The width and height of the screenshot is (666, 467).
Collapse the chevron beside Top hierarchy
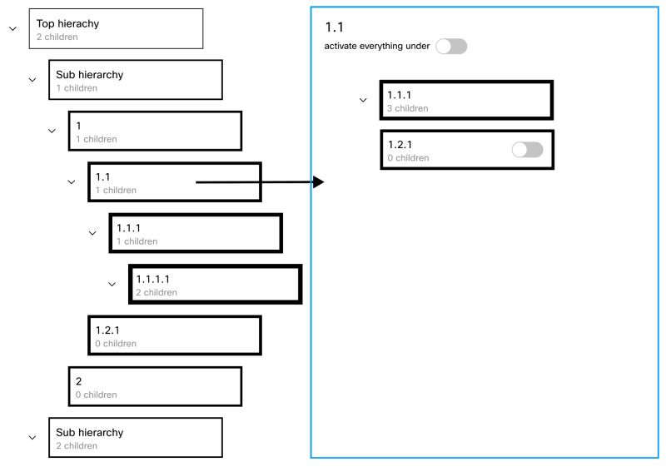12,29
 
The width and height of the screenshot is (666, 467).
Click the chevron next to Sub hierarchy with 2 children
32,438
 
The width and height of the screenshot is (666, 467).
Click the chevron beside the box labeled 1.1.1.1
112,284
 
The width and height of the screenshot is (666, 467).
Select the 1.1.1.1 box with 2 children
215,285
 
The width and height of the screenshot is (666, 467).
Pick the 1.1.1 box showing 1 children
195,233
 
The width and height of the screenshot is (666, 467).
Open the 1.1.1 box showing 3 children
466,100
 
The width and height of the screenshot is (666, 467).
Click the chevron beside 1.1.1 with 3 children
362,100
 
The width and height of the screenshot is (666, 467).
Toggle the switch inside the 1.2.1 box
527,150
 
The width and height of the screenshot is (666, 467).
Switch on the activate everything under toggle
452,47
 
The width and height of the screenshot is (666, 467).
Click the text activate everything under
377,47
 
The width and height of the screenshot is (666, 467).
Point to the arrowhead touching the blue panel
319,182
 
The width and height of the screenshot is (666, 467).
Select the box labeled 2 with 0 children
155,386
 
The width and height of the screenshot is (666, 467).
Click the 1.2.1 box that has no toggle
175,335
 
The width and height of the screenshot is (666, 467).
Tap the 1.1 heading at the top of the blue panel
334,28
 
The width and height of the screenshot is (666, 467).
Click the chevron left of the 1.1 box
72,182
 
